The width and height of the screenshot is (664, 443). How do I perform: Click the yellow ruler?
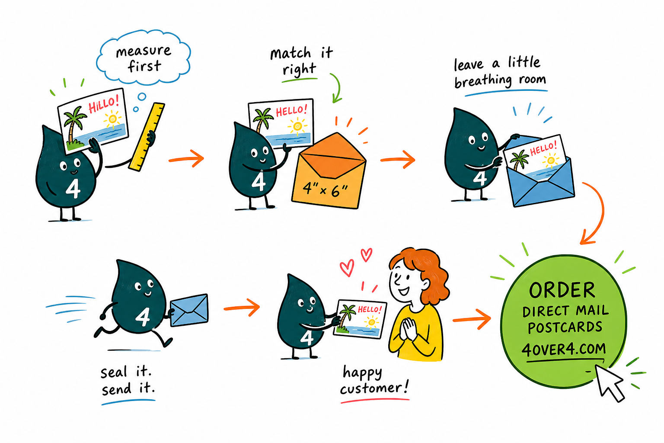[x=147, y=136]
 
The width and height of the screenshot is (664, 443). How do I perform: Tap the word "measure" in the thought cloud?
[x=144, y=51]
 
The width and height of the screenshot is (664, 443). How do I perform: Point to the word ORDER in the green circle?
[x=562, y=290]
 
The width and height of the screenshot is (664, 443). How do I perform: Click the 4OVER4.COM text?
[x=564, y=350]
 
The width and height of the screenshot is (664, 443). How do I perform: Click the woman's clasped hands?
[x=409, y=329]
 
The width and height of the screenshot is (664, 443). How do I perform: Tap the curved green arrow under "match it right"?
[x=337, y=87]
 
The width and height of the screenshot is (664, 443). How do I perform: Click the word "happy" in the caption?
[x=362, y=373]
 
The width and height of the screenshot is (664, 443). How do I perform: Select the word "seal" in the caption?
[x=114, y=372]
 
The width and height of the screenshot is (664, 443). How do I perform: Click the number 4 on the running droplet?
[x=143, y=317]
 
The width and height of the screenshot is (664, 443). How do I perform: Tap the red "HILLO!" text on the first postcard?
[x=104, y=103]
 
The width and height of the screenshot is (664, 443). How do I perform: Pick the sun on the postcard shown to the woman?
[x=371, y=322]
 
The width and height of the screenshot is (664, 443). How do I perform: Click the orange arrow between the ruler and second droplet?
[x=187, y=159]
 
